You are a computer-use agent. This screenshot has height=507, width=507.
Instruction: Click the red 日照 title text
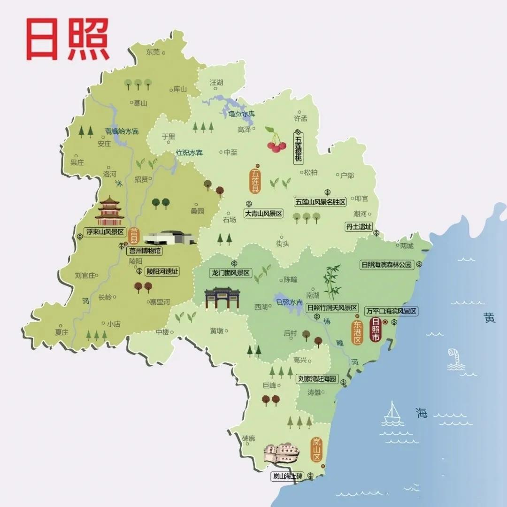click(x=68, y=39)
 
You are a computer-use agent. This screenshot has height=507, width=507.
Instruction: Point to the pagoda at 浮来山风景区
click(x=109, y=211)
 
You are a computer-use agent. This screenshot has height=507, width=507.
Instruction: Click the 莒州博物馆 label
click(x=145, y=251)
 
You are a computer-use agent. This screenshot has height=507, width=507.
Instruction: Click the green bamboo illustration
click(x=332, y=282)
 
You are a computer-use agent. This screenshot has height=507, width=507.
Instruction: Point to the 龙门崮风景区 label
click(x=230, y=273)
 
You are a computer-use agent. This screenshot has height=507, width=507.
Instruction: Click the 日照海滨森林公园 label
click(x=386, y=265)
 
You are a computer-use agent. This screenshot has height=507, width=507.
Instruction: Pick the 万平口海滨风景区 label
click(x=392, y=311)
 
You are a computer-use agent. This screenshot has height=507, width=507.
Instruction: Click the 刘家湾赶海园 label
click(x=318, y=378)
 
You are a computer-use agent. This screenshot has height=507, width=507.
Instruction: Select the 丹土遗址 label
click(x=359, y=227)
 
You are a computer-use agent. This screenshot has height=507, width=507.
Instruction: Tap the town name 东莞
click(x=153, y=52)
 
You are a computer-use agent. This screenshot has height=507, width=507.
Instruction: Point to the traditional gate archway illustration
click(x=222, y=299)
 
